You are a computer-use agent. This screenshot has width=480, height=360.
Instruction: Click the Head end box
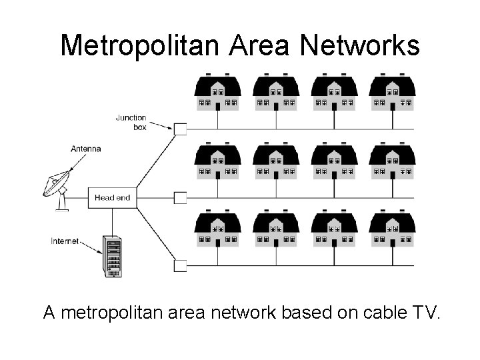(112, 197)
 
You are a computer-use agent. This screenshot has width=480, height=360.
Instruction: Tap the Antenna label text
(85, 149)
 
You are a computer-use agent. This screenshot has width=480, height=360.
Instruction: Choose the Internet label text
(65, 241)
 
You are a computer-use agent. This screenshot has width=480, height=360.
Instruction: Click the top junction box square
(180, 129)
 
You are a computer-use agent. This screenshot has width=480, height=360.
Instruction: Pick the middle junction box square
(180, 198)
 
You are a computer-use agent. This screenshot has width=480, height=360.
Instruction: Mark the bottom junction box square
(180, 266)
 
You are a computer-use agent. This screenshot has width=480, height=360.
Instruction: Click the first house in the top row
(217, 93)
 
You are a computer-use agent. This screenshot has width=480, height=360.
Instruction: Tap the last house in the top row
(393, 93)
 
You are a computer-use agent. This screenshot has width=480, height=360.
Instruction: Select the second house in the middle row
(276, 161)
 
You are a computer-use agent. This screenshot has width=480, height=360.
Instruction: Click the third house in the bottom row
(334, 230)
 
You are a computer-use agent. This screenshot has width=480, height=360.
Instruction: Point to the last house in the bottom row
(393, 230)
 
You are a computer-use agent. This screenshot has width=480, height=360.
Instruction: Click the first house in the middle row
(217, 161)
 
